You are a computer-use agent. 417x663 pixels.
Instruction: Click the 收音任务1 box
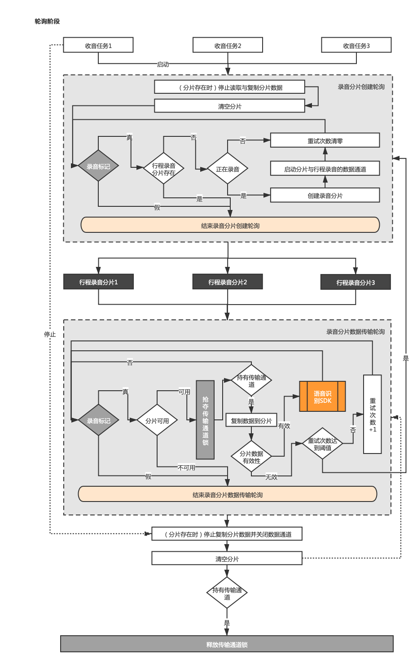coord(98,45)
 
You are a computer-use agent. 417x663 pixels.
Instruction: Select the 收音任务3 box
coord(356,45)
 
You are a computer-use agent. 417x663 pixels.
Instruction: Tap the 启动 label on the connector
coord(163,64)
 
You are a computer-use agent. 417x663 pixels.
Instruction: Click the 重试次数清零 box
coord(325,140)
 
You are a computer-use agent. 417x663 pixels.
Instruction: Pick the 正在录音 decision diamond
coord(228,168)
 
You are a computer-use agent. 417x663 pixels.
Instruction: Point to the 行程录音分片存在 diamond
coord(163,168)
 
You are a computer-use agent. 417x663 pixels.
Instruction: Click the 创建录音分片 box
coord(325,195)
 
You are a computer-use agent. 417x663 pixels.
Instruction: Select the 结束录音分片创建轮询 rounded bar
coord(230,225)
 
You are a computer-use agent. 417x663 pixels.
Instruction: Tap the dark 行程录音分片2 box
coord(228,281)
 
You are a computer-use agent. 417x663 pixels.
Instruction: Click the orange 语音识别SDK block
coord(323,397)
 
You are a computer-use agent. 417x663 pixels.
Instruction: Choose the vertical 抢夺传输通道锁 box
coord(205,420)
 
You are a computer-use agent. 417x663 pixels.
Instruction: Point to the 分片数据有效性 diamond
coord(251,456)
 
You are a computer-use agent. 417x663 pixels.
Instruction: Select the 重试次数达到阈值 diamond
coord(323,443)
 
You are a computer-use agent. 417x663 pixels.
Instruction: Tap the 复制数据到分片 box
coord(251,420)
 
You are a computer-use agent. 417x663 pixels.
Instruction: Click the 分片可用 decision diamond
coord(157,420)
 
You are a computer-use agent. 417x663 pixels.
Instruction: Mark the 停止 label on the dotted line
coord(50,335)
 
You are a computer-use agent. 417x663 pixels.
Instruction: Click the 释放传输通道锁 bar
coord(227,644)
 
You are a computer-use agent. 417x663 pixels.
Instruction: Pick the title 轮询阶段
coord(47,22)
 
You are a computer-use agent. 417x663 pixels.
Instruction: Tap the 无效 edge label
coord(271,477)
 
